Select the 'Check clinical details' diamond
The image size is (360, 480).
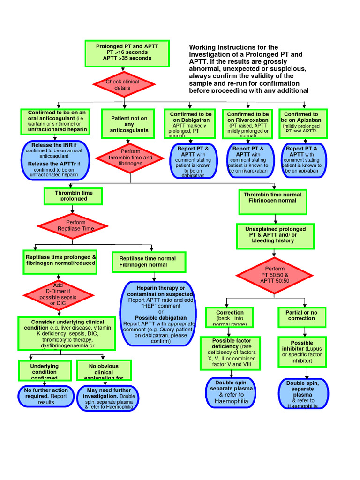tap(124, 85)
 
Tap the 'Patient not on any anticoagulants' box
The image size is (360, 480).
tap(129, 124)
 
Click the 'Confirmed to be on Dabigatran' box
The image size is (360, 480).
tap(190, 124)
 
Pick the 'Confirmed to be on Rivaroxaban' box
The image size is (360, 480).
tap(247, 124)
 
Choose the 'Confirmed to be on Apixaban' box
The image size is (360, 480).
tap(303, 123)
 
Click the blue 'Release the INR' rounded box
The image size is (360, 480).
tap(54, 160)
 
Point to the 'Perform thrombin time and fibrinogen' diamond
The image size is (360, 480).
tap(130, 158)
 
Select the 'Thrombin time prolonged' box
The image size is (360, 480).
tap(73, 196)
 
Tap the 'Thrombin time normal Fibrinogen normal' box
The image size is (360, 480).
tap(273, 197)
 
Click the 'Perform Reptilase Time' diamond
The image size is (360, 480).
tap(73, 225)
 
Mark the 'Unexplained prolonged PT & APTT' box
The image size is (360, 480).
tap(275, 235)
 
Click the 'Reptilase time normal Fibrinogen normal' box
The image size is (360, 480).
tap(149, 262)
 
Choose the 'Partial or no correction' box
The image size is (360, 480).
tap(301, 315)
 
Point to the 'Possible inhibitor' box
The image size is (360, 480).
tap(301, 352)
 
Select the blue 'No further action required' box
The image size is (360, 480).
tap(46, 396)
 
